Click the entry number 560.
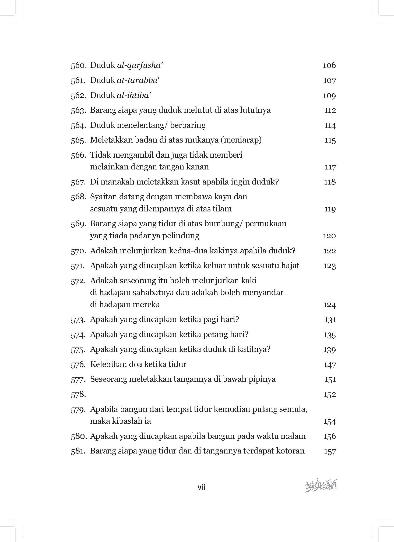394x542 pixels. (78, 66)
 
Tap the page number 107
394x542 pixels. (329, 81)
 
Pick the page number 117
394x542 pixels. (330, 167)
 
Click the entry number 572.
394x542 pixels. (78, 281)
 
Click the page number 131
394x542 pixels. (330, 320)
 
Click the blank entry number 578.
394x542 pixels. (78, 394)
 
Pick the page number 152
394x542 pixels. (329, 395)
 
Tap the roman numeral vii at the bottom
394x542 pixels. (201, 487)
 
